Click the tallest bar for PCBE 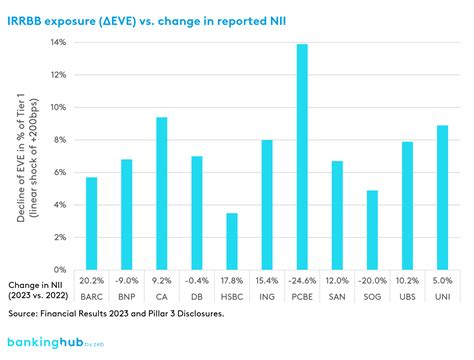[x=302, y=156]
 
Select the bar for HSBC [x=232, y=241]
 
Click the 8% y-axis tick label [x=60, y=140]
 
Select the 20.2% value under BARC [x=92, y=282]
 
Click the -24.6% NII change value [x=302, y=282]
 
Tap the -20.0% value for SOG [x=372, y=282]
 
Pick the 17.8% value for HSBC [x=232, y=282]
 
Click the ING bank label [x=267, y=296]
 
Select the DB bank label [x=197, y=296]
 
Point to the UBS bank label [x=407, y=296]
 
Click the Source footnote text [x=124, y=314]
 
